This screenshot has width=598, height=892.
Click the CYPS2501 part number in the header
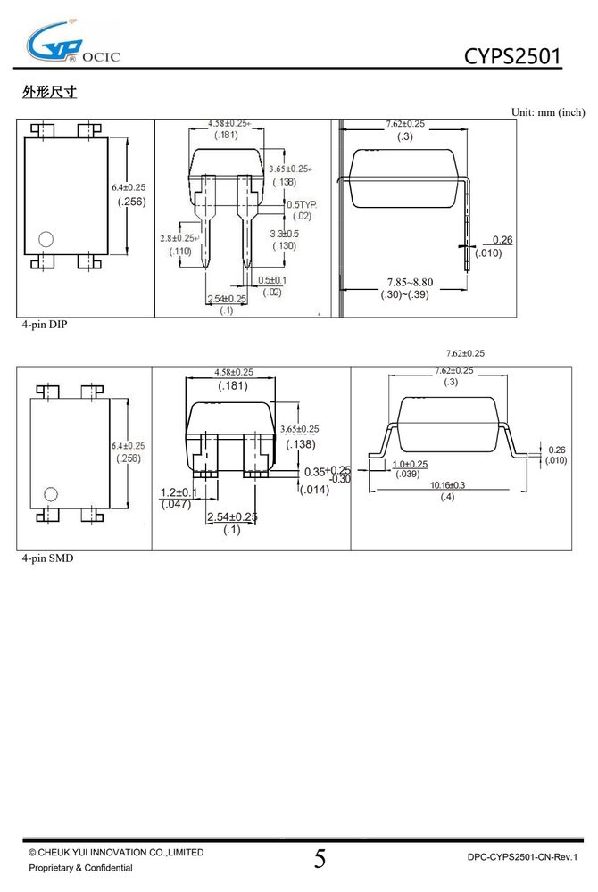(512, 55)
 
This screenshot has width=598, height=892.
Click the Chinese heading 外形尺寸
(49, 91)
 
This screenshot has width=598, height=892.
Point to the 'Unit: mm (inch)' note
(548, 112)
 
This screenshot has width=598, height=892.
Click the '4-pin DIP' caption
(45, 325)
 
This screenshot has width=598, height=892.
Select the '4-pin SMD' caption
(48, 558)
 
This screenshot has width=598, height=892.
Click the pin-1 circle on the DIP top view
(46, 239)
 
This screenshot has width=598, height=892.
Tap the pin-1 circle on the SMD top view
(51, 494)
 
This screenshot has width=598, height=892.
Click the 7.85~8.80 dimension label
(410, 282)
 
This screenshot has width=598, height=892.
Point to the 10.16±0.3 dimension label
(447, 485)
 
